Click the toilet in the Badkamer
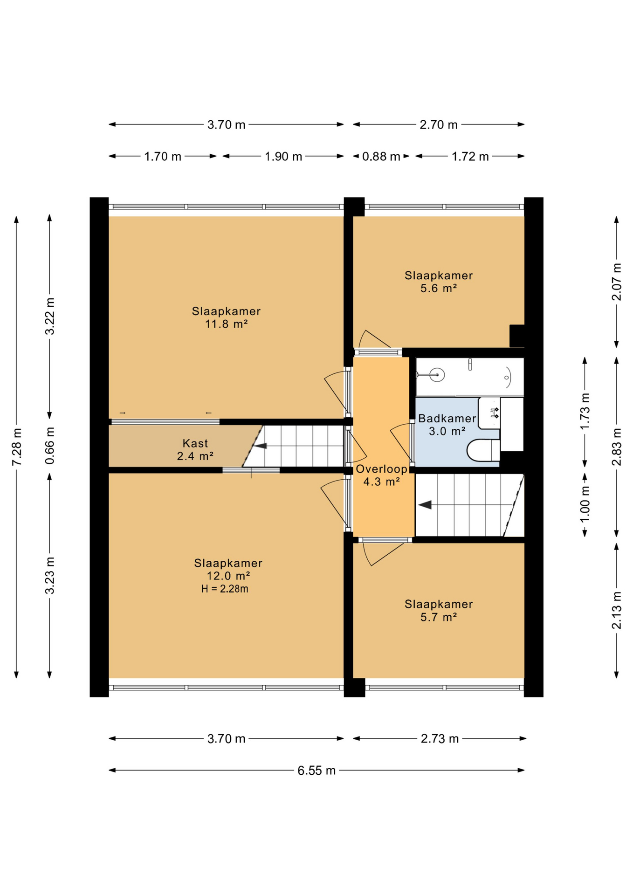click(x=482, y=450)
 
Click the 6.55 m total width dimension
click(x=316, y=771)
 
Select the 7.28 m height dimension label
click(x=16, y=446)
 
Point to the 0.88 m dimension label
click(x=381, y=157)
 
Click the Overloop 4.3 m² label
click(x=381, y=475)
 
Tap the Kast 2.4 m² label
click(x=195, y=450)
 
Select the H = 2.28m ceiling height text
click(x=225, y=589)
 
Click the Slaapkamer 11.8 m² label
click(x=226, y=317)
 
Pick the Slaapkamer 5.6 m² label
click(x=438, y=282)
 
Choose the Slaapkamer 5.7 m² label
click(x=438, y=611)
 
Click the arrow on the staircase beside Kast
click(x=260, y=446)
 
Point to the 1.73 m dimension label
click(x=585, y=411)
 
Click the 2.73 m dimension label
click(x=440, y=739)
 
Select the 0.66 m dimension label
click(x=49, y=446)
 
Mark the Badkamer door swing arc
click(x=399, y=441)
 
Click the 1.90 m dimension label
click(x=283, y=157)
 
